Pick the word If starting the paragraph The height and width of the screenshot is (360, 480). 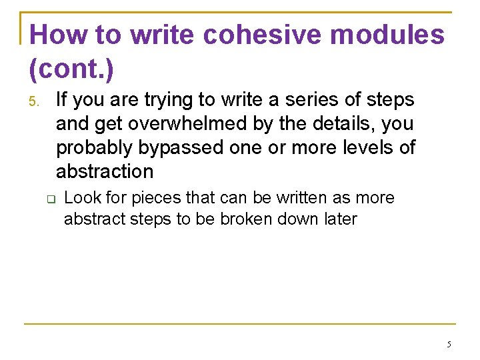point(62,100)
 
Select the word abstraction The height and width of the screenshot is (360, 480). point(105,171)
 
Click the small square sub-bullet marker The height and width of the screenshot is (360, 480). point(49,199)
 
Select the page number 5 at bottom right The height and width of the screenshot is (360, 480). point(448,345)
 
